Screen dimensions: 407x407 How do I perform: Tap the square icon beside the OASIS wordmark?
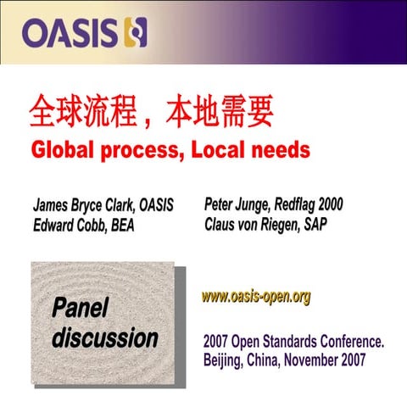(x=136, y=33)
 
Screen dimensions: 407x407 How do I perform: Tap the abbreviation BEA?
(x=120, y=226)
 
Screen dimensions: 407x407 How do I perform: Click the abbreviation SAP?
(x=317, y=225)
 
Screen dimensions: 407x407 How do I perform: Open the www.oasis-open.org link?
(x=256, y=297)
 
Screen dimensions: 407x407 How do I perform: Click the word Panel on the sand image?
(x=81, y=308)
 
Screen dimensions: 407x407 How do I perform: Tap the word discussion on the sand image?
(x=105, y=337)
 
